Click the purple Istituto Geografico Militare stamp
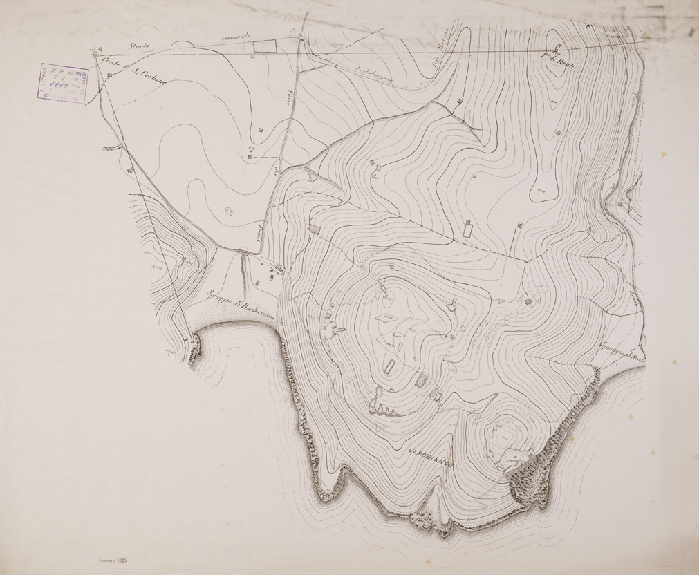(x=63, y=84)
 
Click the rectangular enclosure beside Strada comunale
(x=264, y=46)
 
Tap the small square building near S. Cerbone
(x=110, y=75)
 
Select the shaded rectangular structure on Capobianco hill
(x=421, y=380)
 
